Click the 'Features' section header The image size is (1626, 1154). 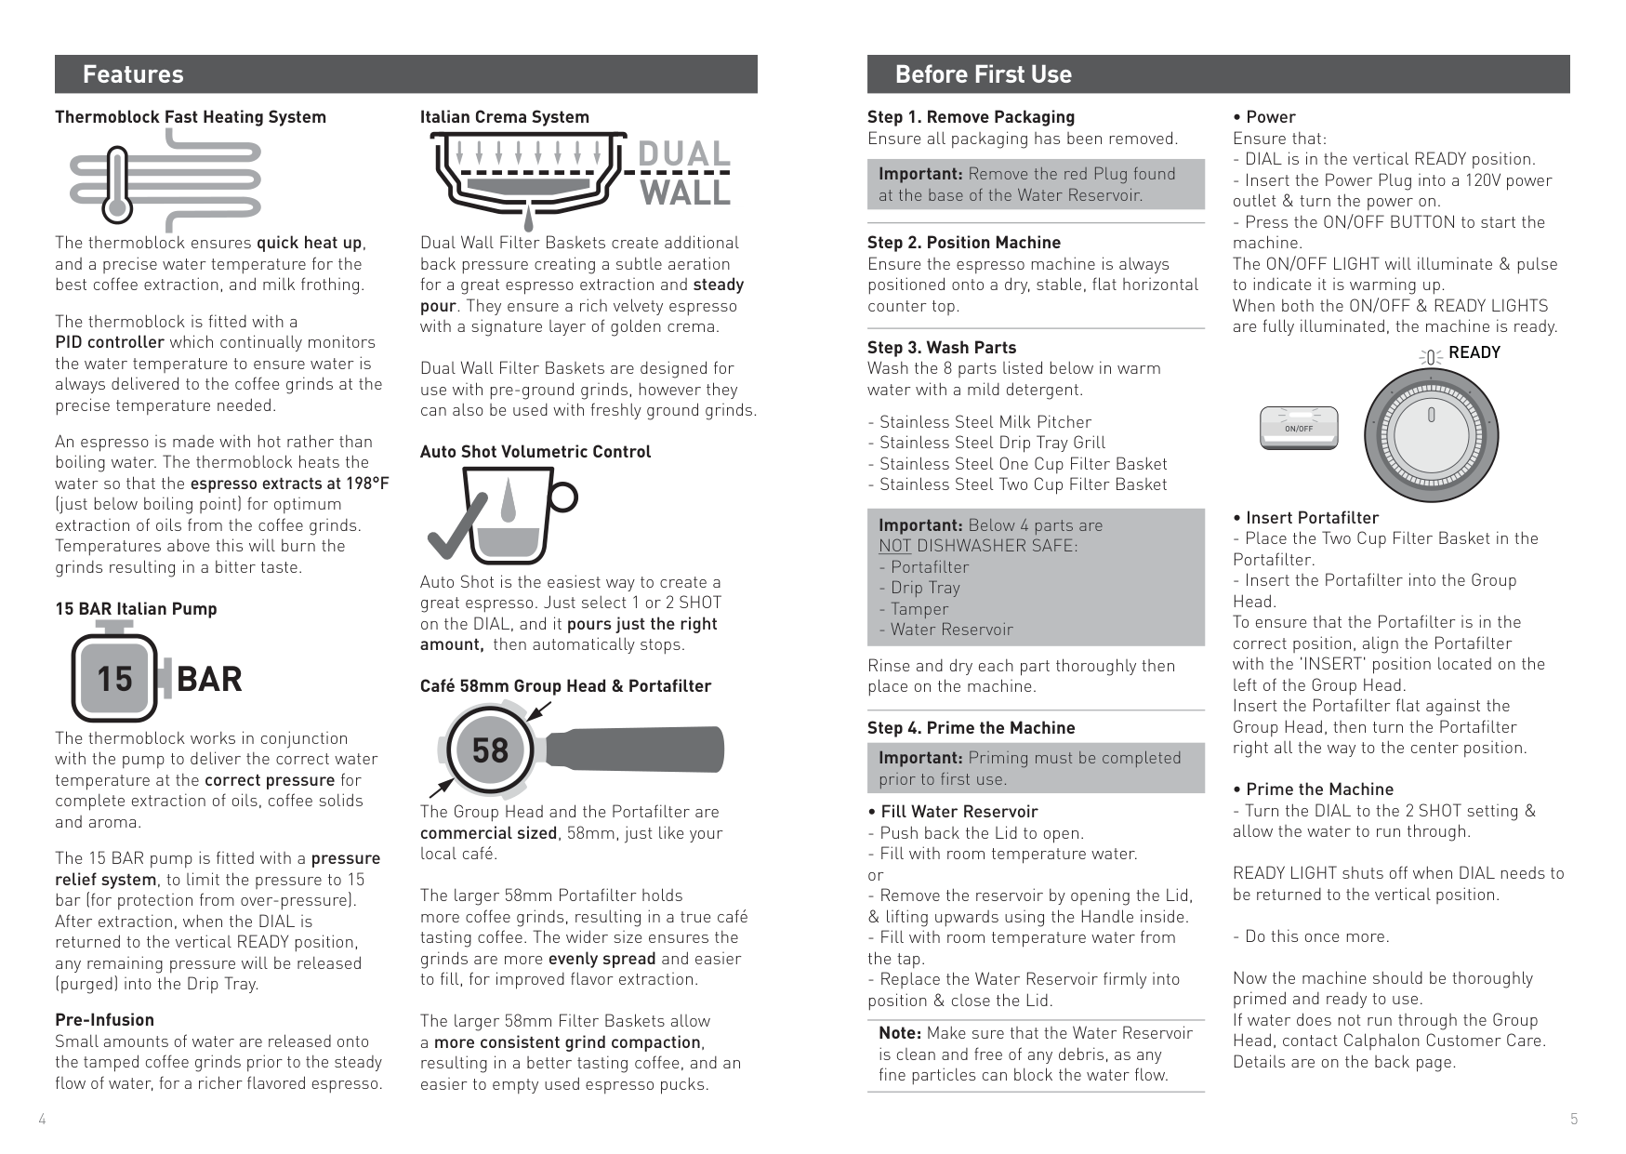[133, 74]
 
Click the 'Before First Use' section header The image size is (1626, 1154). [983, 74]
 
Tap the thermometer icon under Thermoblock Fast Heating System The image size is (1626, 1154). [116, 185]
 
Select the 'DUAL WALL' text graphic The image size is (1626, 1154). [683, 174]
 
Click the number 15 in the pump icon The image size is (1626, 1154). [115, 679]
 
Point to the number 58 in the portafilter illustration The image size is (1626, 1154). [490, 749]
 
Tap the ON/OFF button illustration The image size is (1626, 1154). [1299, 428]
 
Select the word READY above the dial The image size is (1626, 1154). [1474, 352]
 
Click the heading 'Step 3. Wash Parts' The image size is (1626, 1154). [942, 348]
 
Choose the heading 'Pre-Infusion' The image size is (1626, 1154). [104, 1020]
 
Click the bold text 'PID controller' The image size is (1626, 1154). [110, 342]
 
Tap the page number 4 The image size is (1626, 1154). [42, 1119]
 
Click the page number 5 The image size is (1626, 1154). [1574, 1119]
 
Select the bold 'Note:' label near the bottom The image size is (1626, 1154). [900, 1033]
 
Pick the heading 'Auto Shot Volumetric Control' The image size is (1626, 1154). [535, 452]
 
